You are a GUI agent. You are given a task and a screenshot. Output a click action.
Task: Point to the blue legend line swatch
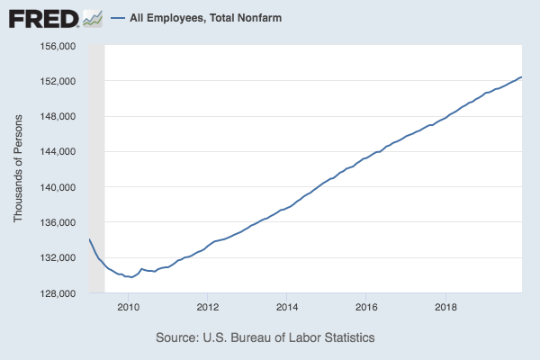117,17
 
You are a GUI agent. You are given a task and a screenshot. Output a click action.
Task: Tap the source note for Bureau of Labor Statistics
265,337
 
